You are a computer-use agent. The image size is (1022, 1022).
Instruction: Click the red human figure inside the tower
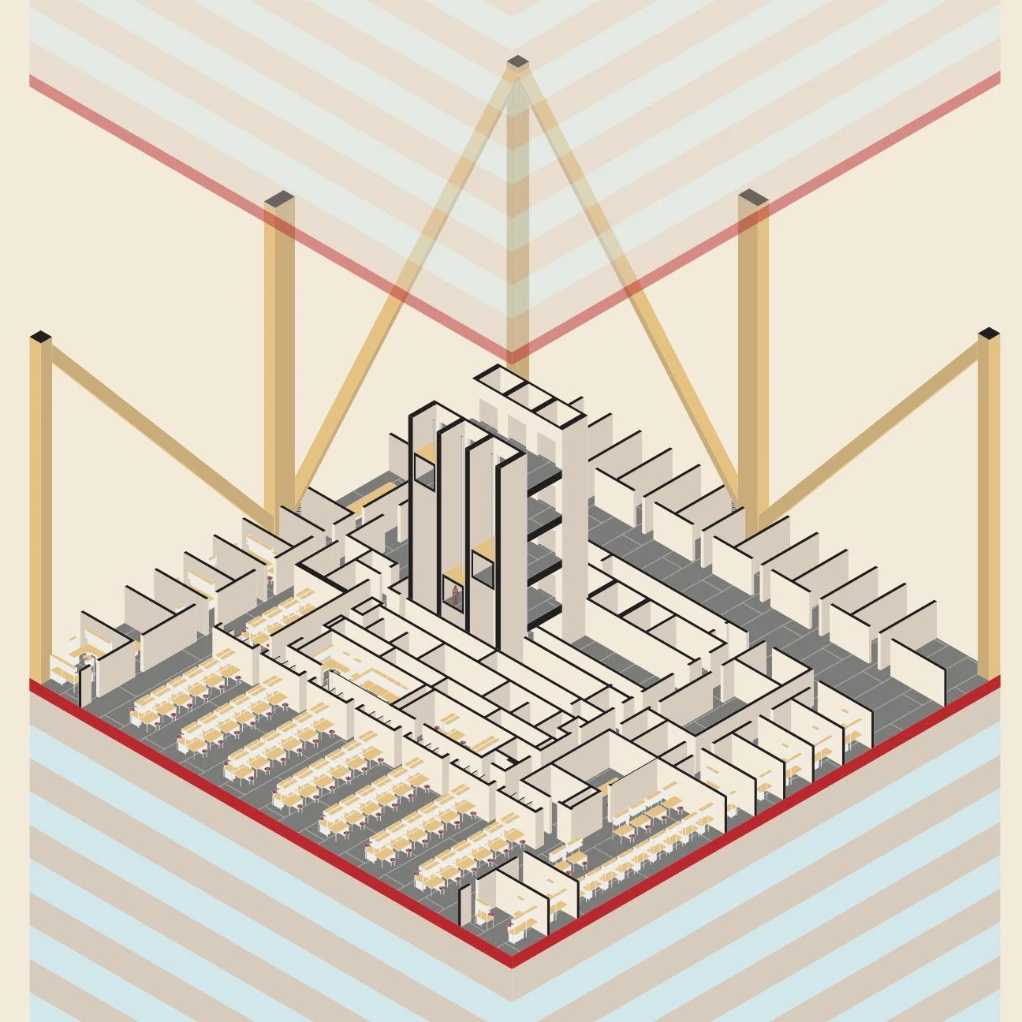454,593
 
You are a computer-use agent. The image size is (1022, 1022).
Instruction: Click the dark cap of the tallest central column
517,61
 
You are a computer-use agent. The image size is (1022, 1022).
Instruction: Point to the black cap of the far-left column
40,338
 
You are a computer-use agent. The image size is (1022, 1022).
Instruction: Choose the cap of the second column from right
752,197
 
